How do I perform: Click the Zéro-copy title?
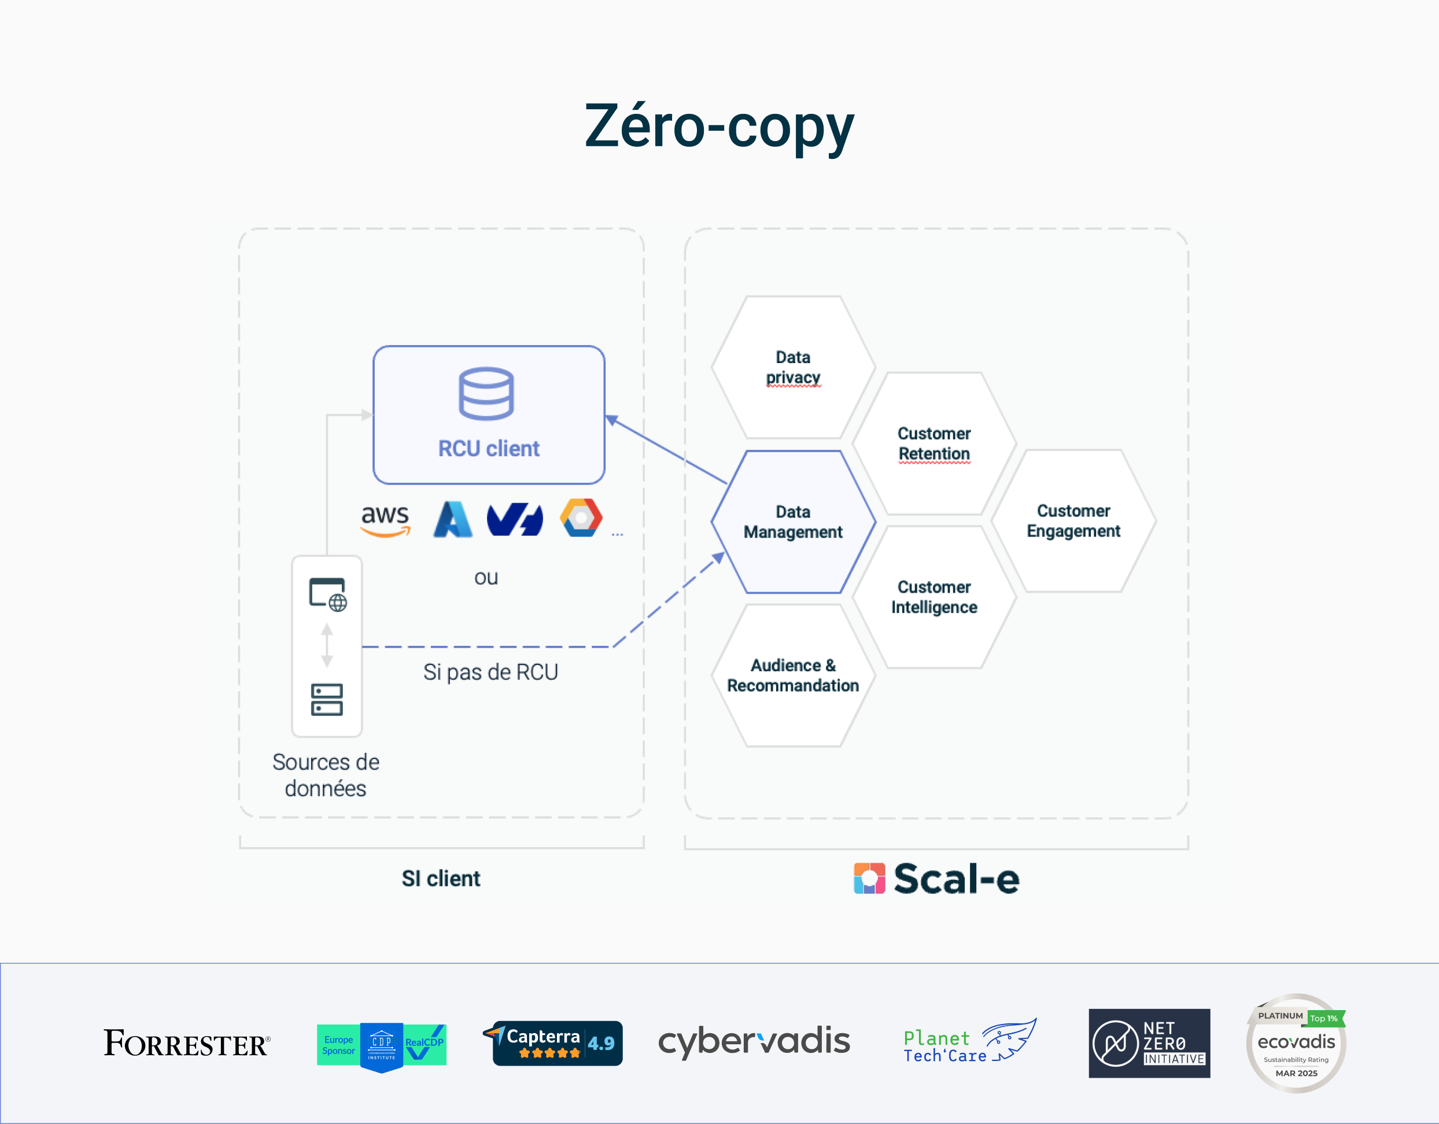pyautogui.click(x=719, y=127)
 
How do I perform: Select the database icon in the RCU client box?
pyautogui.click(x=486, y=393)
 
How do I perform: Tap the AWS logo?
pyautogui.click(x=385, y=520)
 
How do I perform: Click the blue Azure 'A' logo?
pyautogui.click(x=453, y=520)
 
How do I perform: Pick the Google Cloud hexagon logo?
pyautogui.click(x=581, y=518)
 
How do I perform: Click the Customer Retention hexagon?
pyautogui.click(x=933, y=443)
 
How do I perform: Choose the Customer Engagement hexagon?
pyautogui.click(x=1073, y=520)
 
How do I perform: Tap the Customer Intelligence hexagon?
pyautogui.click(x=933, y=597)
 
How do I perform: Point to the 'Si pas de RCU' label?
pyautogui.click(x=490, y=672)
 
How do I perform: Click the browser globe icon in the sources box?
pyautogui.click(x=328, y=595)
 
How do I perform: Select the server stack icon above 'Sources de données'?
pyautogui.click(x=327, y=700)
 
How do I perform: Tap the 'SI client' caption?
pyautogui.click(x=441, y=878)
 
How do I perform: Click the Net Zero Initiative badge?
pyautogui.click(x=1149, y=1043)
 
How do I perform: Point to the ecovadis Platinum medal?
pyautogui.click(x=1296, y=1043)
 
